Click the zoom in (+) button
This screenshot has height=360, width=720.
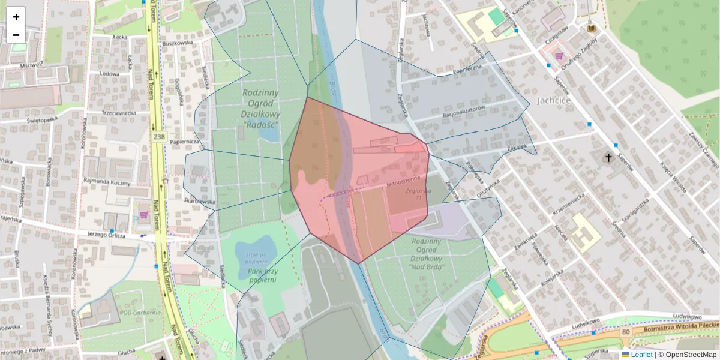16,16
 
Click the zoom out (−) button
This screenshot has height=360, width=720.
16,34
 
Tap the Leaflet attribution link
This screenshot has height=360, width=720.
641,355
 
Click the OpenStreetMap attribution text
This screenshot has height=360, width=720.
691,355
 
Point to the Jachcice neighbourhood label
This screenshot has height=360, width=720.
554,100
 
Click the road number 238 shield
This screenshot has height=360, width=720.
158,137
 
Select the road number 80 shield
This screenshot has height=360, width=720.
626,332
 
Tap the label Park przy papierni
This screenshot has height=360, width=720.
262,275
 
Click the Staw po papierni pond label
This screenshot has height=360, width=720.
256,258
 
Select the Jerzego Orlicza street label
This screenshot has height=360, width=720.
106,235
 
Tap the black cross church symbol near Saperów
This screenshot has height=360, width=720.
608,158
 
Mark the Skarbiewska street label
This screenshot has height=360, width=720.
200,202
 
